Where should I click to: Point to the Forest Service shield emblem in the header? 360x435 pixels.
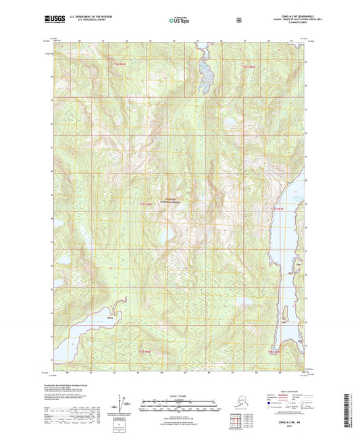[238, 20]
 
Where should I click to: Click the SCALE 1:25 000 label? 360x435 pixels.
[179, 394]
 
